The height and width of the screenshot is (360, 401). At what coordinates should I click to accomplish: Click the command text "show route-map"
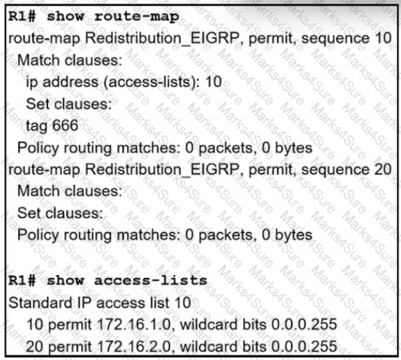(113, 17)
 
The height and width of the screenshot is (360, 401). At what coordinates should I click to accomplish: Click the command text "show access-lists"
(127, 281)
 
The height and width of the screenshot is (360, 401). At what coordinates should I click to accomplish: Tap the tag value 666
(65, 126)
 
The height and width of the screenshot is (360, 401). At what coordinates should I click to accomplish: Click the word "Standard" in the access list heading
(41, 303)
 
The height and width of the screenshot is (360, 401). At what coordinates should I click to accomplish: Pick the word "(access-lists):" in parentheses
(152, 82)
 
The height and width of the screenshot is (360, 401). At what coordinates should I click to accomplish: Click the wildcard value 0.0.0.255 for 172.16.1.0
(304, 324)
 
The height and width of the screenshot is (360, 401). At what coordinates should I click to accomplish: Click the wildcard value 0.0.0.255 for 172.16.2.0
(304, 346)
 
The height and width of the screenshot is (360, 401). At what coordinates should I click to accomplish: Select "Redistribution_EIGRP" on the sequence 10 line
(162, 38)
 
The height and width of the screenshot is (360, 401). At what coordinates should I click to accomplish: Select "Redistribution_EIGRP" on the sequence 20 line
(162, 170)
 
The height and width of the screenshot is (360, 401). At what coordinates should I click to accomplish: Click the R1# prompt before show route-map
(22, 17)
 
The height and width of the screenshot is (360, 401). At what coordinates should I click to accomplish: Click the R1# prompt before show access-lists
(22, 281)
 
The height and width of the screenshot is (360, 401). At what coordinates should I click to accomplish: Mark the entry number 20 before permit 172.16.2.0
(34, 346)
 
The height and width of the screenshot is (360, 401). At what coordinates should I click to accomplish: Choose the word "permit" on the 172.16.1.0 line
(70, 326)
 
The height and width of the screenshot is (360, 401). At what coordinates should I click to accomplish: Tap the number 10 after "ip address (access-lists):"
(214, 82)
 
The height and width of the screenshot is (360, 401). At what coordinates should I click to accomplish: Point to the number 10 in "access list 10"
(183, 303)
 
